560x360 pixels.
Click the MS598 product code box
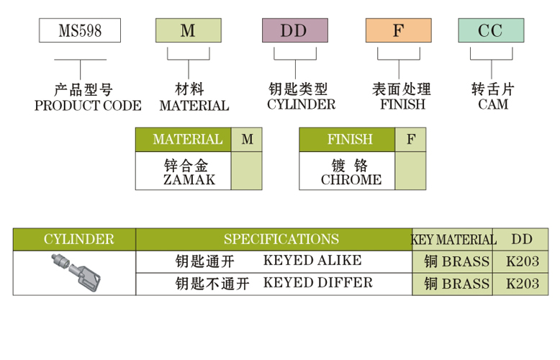[x=79, y=30]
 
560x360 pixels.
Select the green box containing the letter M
[x=188, y=30]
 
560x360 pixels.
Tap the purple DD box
[x=294, y=30]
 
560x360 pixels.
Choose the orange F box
[x=398, y=30]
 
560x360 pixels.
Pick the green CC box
[x=490, y=30]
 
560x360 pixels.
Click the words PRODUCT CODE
[x=88, y=105]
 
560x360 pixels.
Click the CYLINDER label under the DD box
[x=301, y=104]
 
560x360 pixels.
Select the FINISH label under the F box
[x=402, y=104]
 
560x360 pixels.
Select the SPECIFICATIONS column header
[x=281, y=239]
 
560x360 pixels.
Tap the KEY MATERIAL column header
[x=453, y=240]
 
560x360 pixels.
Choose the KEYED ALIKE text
[x=312, y=261]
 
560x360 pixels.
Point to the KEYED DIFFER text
[x=317, y=282]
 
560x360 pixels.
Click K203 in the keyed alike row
[x=522, y=261]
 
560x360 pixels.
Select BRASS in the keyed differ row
[x=465, y=284]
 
